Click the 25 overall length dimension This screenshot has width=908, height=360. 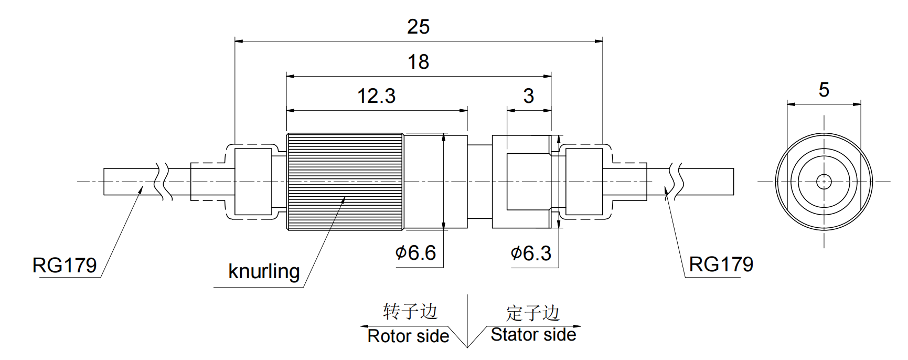click(418, 27)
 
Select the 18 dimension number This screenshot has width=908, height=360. click(418, 62)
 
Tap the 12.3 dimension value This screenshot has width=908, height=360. click(376, 96)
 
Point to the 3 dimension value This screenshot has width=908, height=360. click(528, 96)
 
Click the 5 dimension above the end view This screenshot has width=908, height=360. click(824, 90)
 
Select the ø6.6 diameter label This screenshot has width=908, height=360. click(415, 253)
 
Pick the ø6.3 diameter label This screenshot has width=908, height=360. click(531, 253)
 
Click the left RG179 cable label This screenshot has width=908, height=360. click(65, 265)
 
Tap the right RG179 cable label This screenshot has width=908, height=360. click(721, 264)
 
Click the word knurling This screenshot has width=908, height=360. click(264, 271)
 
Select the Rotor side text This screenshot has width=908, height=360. click(408, 336)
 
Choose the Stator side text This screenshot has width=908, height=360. click(533, 334)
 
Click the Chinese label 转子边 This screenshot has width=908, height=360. click(410, 311)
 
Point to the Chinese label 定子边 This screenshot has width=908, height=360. click(533, 313)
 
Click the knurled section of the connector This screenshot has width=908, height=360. click(345, 182)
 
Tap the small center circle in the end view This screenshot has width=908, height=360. click(824, 182)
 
